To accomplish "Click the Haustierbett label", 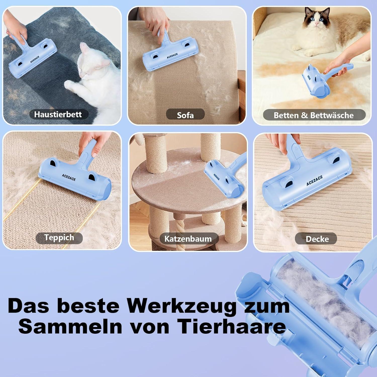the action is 58,114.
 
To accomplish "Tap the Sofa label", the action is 185,115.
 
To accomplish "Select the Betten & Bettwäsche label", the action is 314,115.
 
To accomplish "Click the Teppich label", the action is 59,238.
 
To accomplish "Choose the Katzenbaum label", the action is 188,239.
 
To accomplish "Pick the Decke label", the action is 317,239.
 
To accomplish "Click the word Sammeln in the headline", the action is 70,326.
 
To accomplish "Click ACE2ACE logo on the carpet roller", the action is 69,177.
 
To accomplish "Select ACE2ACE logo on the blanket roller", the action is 314,181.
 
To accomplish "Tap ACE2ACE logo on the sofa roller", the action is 172,56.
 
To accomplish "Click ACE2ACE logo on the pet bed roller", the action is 35,60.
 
